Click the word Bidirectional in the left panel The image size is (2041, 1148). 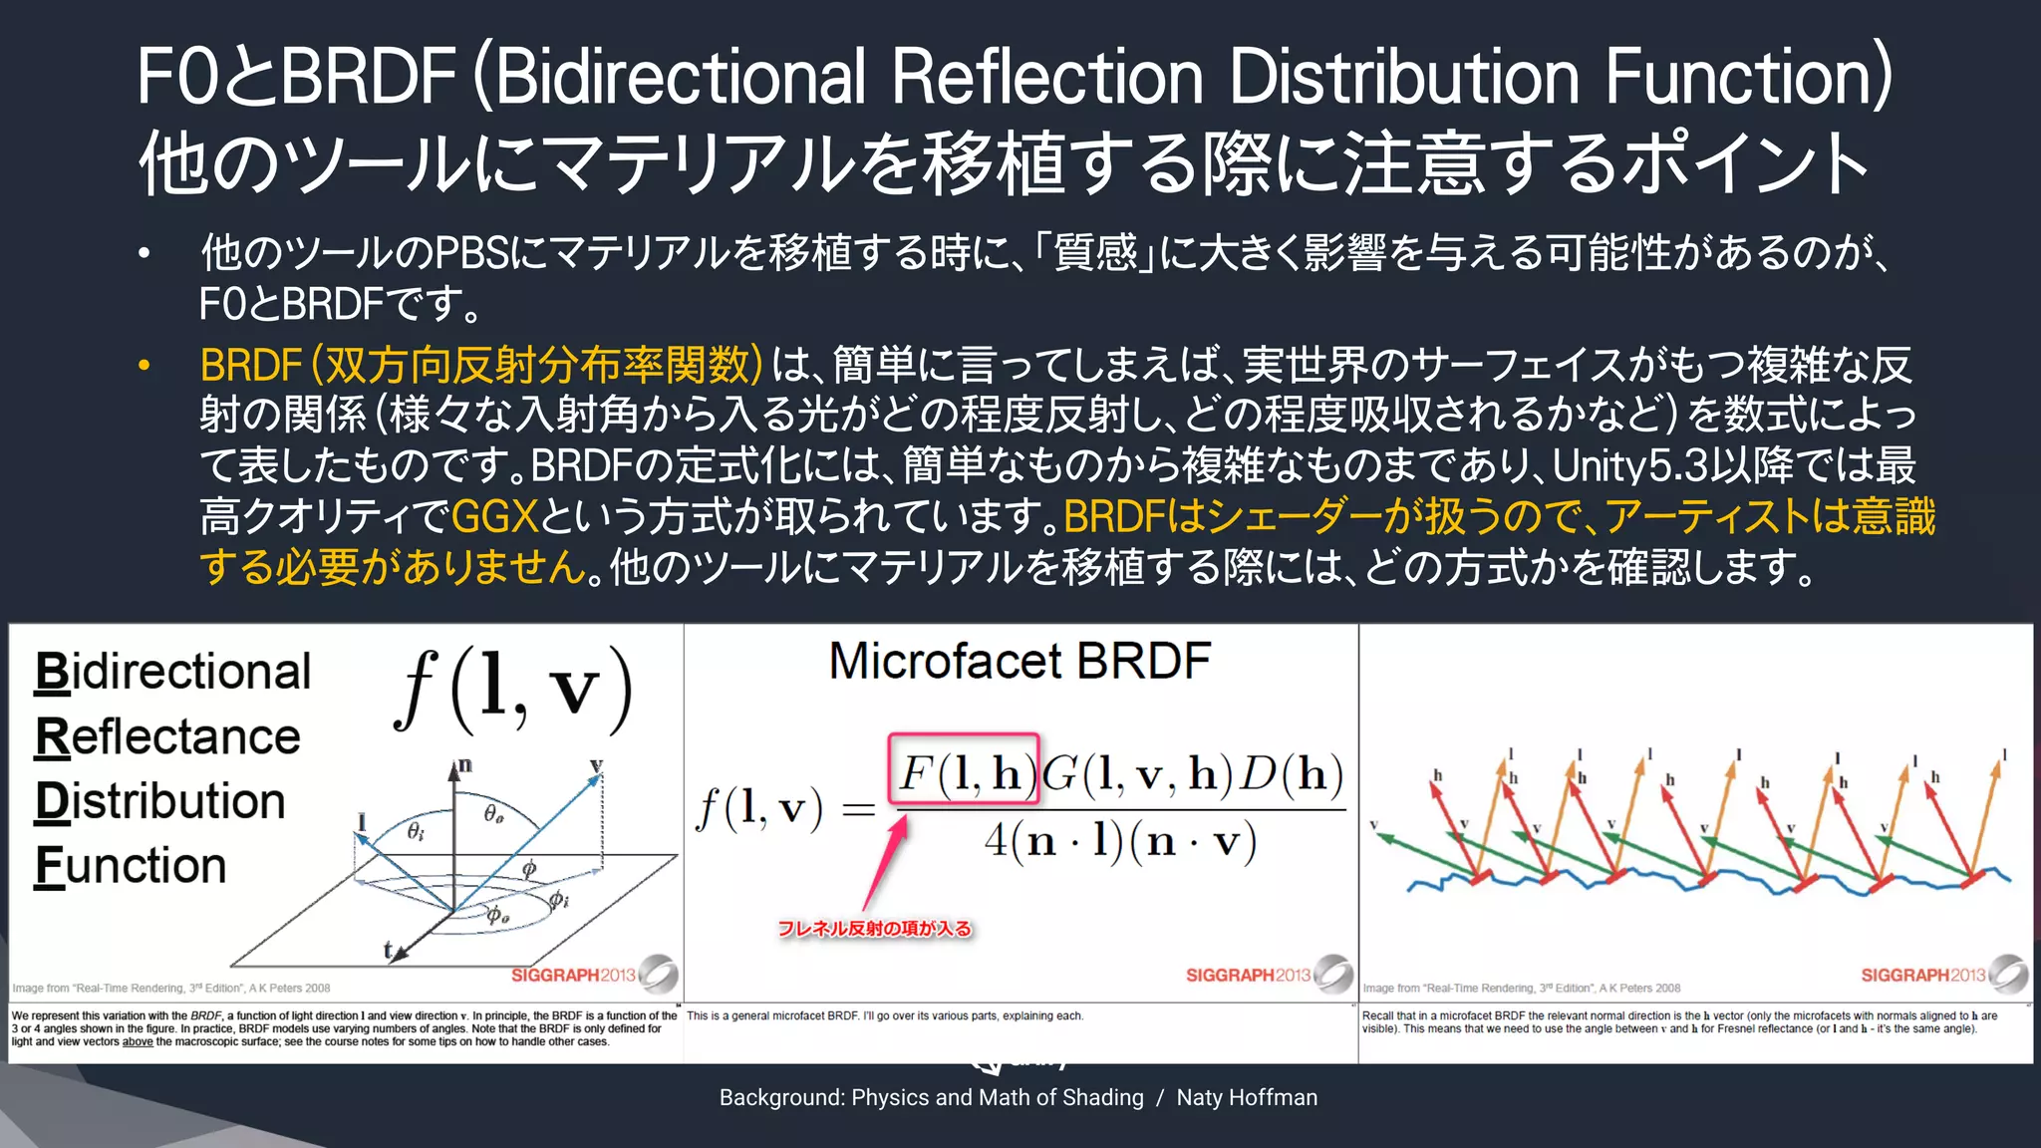(x=172, y=672)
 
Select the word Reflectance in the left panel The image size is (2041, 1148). (x=167, y=737)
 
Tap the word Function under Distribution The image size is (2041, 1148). (x=131, y=865)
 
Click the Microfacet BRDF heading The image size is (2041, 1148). (x=1020, y=662)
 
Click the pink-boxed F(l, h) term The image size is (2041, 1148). (x=964, y=770)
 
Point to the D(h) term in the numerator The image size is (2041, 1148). (x=1292, y=772)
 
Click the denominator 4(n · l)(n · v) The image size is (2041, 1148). (x=1120, y=842)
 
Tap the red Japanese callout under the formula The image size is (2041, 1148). (x=874, y=929)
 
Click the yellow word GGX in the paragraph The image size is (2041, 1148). (x=494, y=517)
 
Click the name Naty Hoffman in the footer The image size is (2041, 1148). (x=1247, y=1097)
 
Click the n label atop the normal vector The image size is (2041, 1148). (x=464, y=766)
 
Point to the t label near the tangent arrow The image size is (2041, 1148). (x=388, y=950)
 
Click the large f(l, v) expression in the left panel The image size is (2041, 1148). (x=513, y=690)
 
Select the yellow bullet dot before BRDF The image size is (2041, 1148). (x=145, y=366)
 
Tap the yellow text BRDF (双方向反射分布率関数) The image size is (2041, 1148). (x=480, y=366)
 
